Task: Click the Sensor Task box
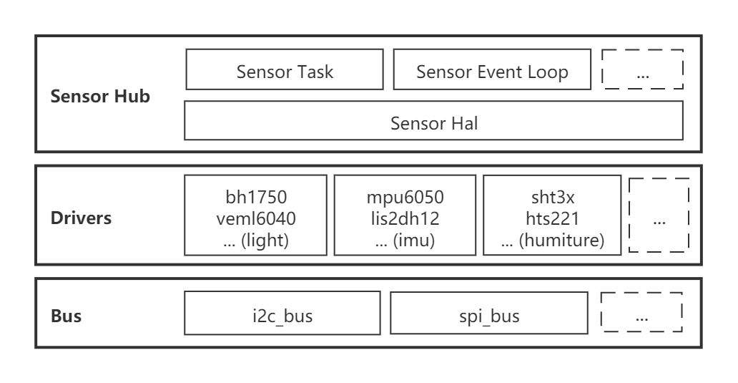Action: coord(285,70)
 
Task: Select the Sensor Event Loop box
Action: coord(492,70)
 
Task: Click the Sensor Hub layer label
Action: coord(100,97)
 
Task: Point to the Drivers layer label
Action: coord(81,218)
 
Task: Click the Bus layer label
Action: coord(66,316)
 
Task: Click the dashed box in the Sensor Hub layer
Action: coord(643,69)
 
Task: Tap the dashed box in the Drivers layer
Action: coord(659,215)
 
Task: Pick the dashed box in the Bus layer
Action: coord(641,312)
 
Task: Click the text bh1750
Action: coord(255,197)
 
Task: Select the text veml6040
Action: coord(255,218)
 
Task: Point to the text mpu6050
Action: coord(405,197)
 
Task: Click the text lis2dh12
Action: coord(405,218)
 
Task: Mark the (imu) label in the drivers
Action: coord(415,241)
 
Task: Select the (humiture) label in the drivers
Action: coord(562,241)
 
